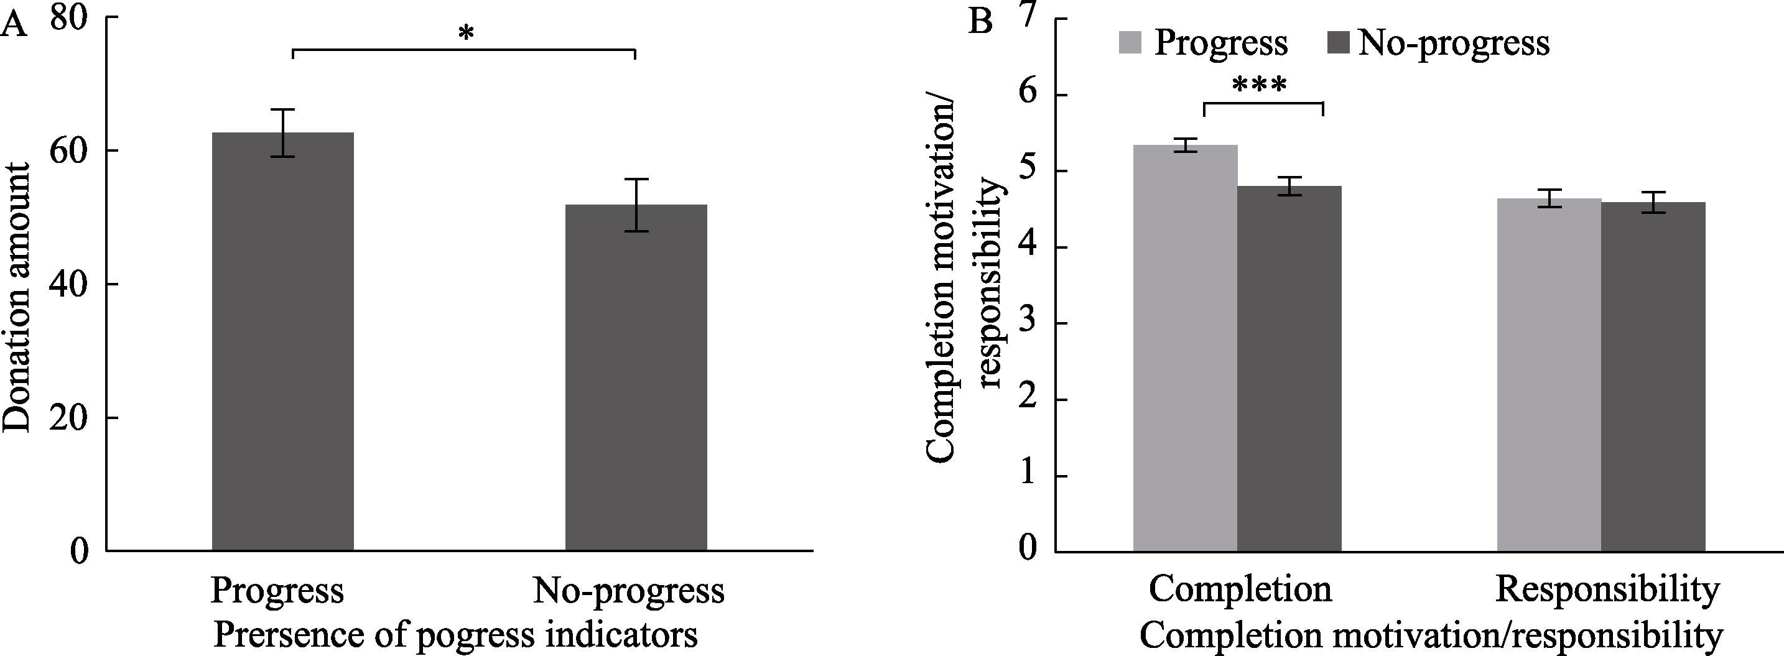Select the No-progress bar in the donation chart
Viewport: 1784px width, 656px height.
click(x=636, y=377)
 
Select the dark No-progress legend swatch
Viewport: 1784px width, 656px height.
click(x=1339, y=42)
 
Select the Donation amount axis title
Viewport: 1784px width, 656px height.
click(x=17, y=298)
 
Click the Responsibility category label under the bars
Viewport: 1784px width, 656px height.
click(x=1607, y=589)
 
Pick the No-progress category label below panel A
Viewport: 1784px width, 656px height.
click(x=628, y=590)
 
